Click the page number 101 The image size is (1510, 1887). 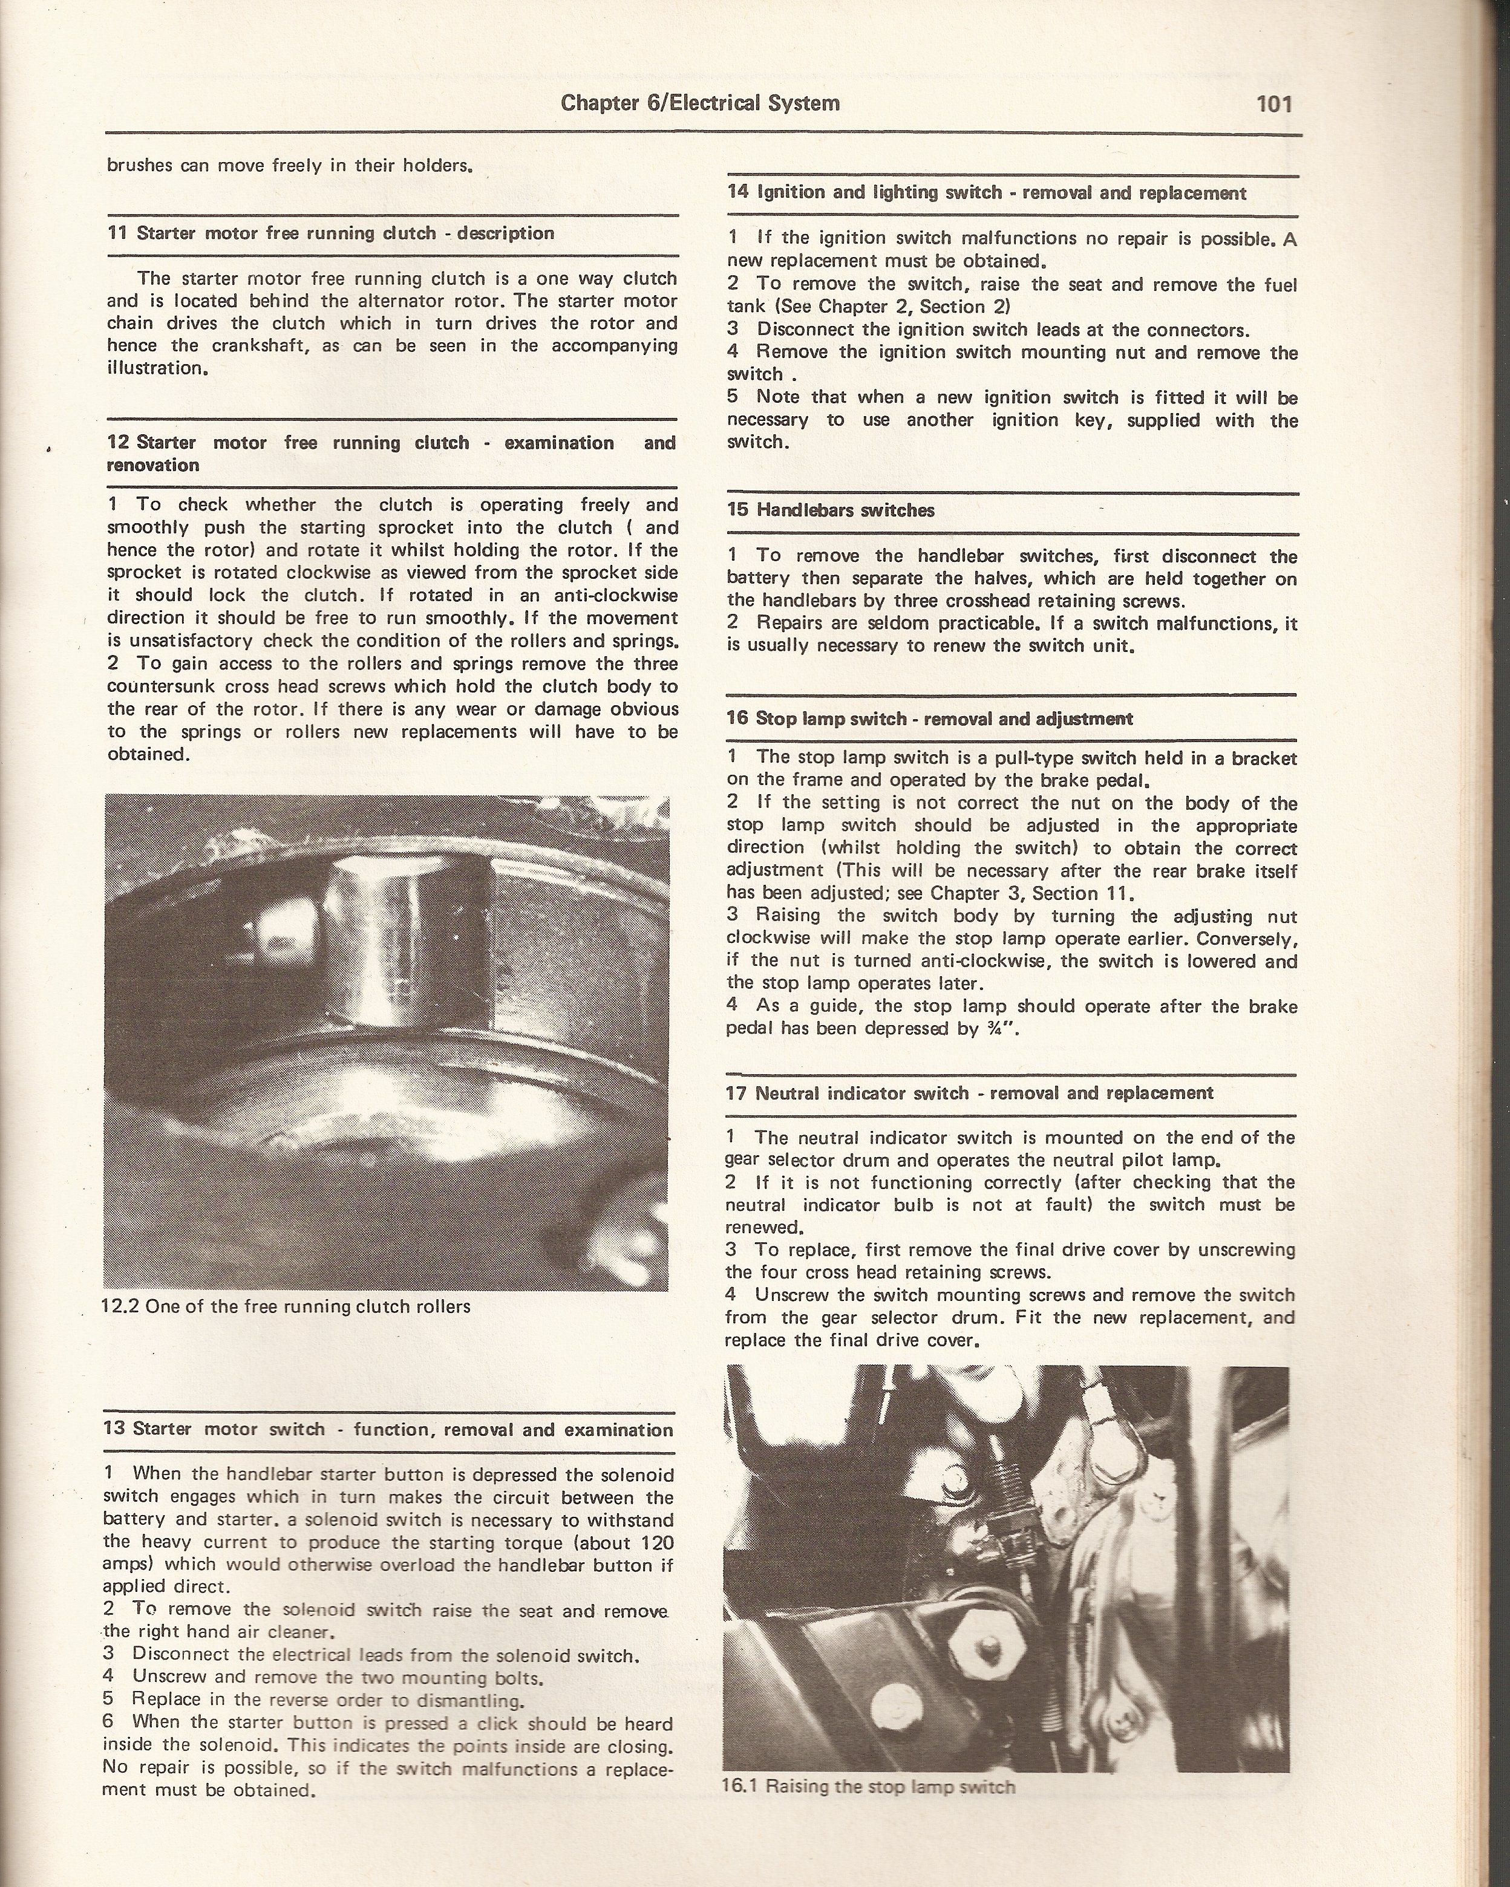pyautogui.click(x=1273, y=104)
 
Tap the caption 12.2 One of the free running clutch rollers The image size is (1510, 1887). pyautogui.click(x=287, y=1308)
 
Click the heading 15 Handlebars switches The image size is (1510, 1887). pyautogui.click(x=830, y=510)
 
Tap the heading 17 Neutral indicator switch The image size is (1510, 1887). pyautogui.click(x=969, y=1093)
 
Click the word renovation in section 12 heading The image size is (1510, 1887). pyautogui.click(x=152, y=466)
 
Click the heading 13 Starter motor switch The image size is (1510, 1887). pyautogui.click(x=390, y=1429)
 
